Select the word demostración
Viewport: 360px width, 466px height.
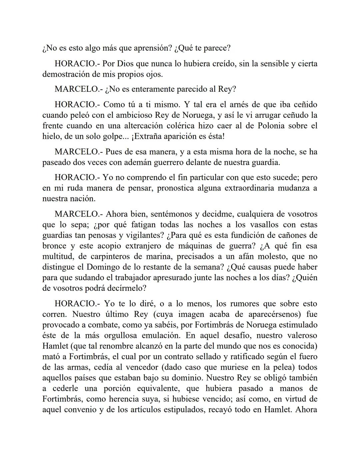(67, 74)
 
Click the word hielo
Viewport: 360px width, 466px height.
(50, 136)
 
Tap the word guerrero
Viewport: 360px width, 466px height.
(187, 162)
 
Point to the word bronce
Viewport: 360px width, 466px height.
(54, 246)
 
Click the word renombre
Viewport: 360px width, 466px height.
(115, 346)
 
